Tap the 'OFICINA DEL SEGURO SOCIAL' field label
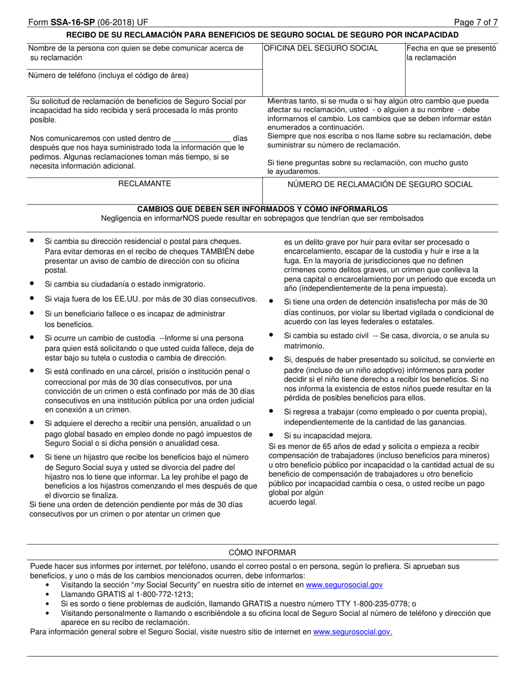[x=321, y=48]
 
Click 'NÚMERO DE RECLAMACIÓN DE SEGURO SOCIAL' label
[x=380, y=184]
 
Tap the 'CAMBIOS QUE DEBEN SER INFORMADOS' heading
[x=262, y=209]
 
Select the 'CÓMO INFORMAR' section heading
[x=262, y=552]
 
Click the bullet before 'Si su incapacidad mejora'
[x=271, y=435]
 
